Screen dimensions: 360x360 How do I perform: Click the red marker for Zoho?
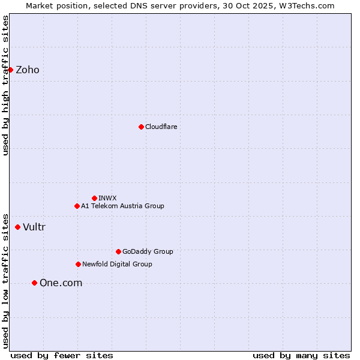coord(10,70)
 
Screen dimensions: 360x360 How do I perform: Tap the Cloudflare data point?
coord(141,127)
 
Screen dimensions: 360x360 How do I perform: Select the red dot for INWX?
coord(94,198)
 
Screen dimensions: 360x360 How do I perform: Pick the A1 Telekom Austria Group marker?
coord(77,206)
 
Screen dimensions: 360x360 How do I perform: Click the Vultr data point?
coord(17,227)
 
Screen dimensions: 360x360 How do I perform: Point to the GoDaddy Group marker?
coord(118,251)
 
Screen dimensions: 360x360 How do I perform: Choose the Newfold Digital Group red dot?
coord(78,264)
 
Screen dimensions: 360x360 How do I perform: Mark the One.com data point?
coord(34,283)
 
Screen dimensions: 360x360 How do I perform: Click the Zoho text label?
coord(28,70)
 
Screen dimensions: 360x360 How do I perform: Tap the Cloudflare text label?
coord(161,127)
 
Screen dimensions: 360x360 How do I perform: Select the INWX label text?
coord(107,198)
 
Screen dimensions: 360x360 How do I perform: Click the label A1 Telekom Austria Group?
coord(122,206)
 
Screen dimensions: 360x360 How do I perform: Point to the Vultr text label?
coord(34,227)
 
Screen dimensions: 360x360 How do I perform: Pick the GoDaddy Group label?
coord(148,251)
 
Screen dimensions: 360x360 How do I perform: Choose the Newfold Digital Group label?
coord(117,264)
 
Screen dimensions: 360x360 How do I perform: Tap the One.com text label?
coord(61,283)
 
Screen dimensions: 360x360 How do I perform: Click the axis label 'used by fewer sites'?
coord(62,355)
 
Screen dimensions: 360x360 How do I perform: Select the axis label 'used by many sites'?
coord(301,355)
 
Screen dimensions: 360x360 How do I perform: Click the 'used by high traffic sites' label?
coord(5,85)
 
